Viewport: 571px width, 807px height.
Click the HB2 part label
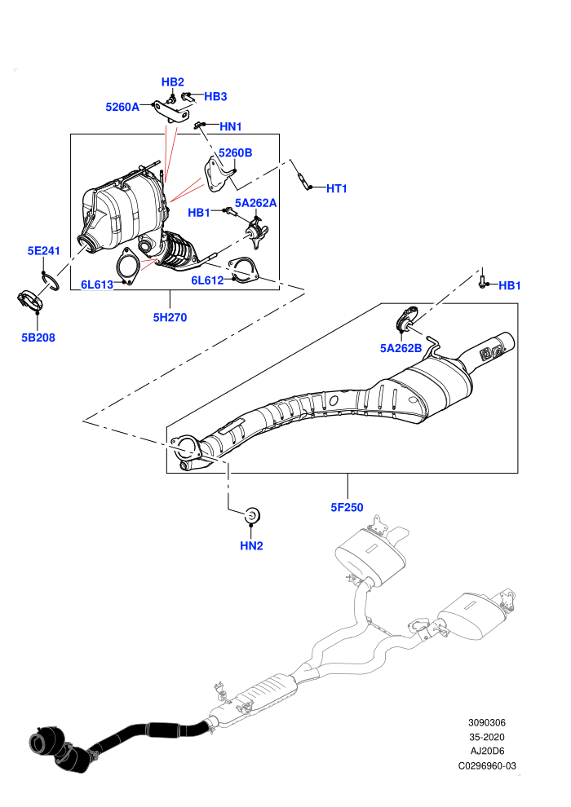click(172, 82)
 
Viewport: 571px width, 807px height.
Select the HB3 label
click(215, 96)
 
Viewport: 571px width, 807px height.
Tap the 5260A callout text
click(122, 107)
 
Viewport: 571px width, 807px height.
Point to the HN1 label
click(231, 126)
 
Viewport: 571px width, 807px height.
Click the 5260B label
click(235, 153)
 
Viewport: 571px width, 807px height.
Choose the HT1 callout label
click(337, 189)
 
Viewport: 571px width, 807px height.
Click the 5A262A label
click(256, 203)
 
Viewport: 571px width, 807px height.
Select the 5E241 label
click(44, 251)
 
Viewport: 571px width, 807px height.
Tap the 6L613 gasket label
click(97, 284)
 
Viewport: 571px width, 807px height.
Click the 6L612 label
click(207, 280)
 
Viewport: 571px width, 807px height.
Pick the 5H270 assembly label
click(170, 318)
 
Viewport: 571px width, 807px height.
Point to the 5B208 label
click(38, 337)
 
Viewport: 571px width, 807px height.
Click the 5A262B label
click(401, 348)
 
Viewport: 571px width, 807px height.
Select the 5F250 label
click(347, 508)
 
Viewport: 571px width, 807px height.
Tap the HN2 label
click(251, 545)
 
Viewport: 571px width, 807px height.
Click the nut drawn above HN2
click(252, 514)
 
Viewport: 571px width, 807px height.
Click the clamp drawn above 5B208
click(30, 302)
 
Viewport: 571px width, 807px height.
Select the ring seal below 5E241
click(51, 281)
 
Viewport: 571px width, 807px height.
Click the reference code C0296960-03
click(487, 765)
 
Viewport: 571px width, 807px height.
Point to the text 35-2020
click(487, 737)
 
